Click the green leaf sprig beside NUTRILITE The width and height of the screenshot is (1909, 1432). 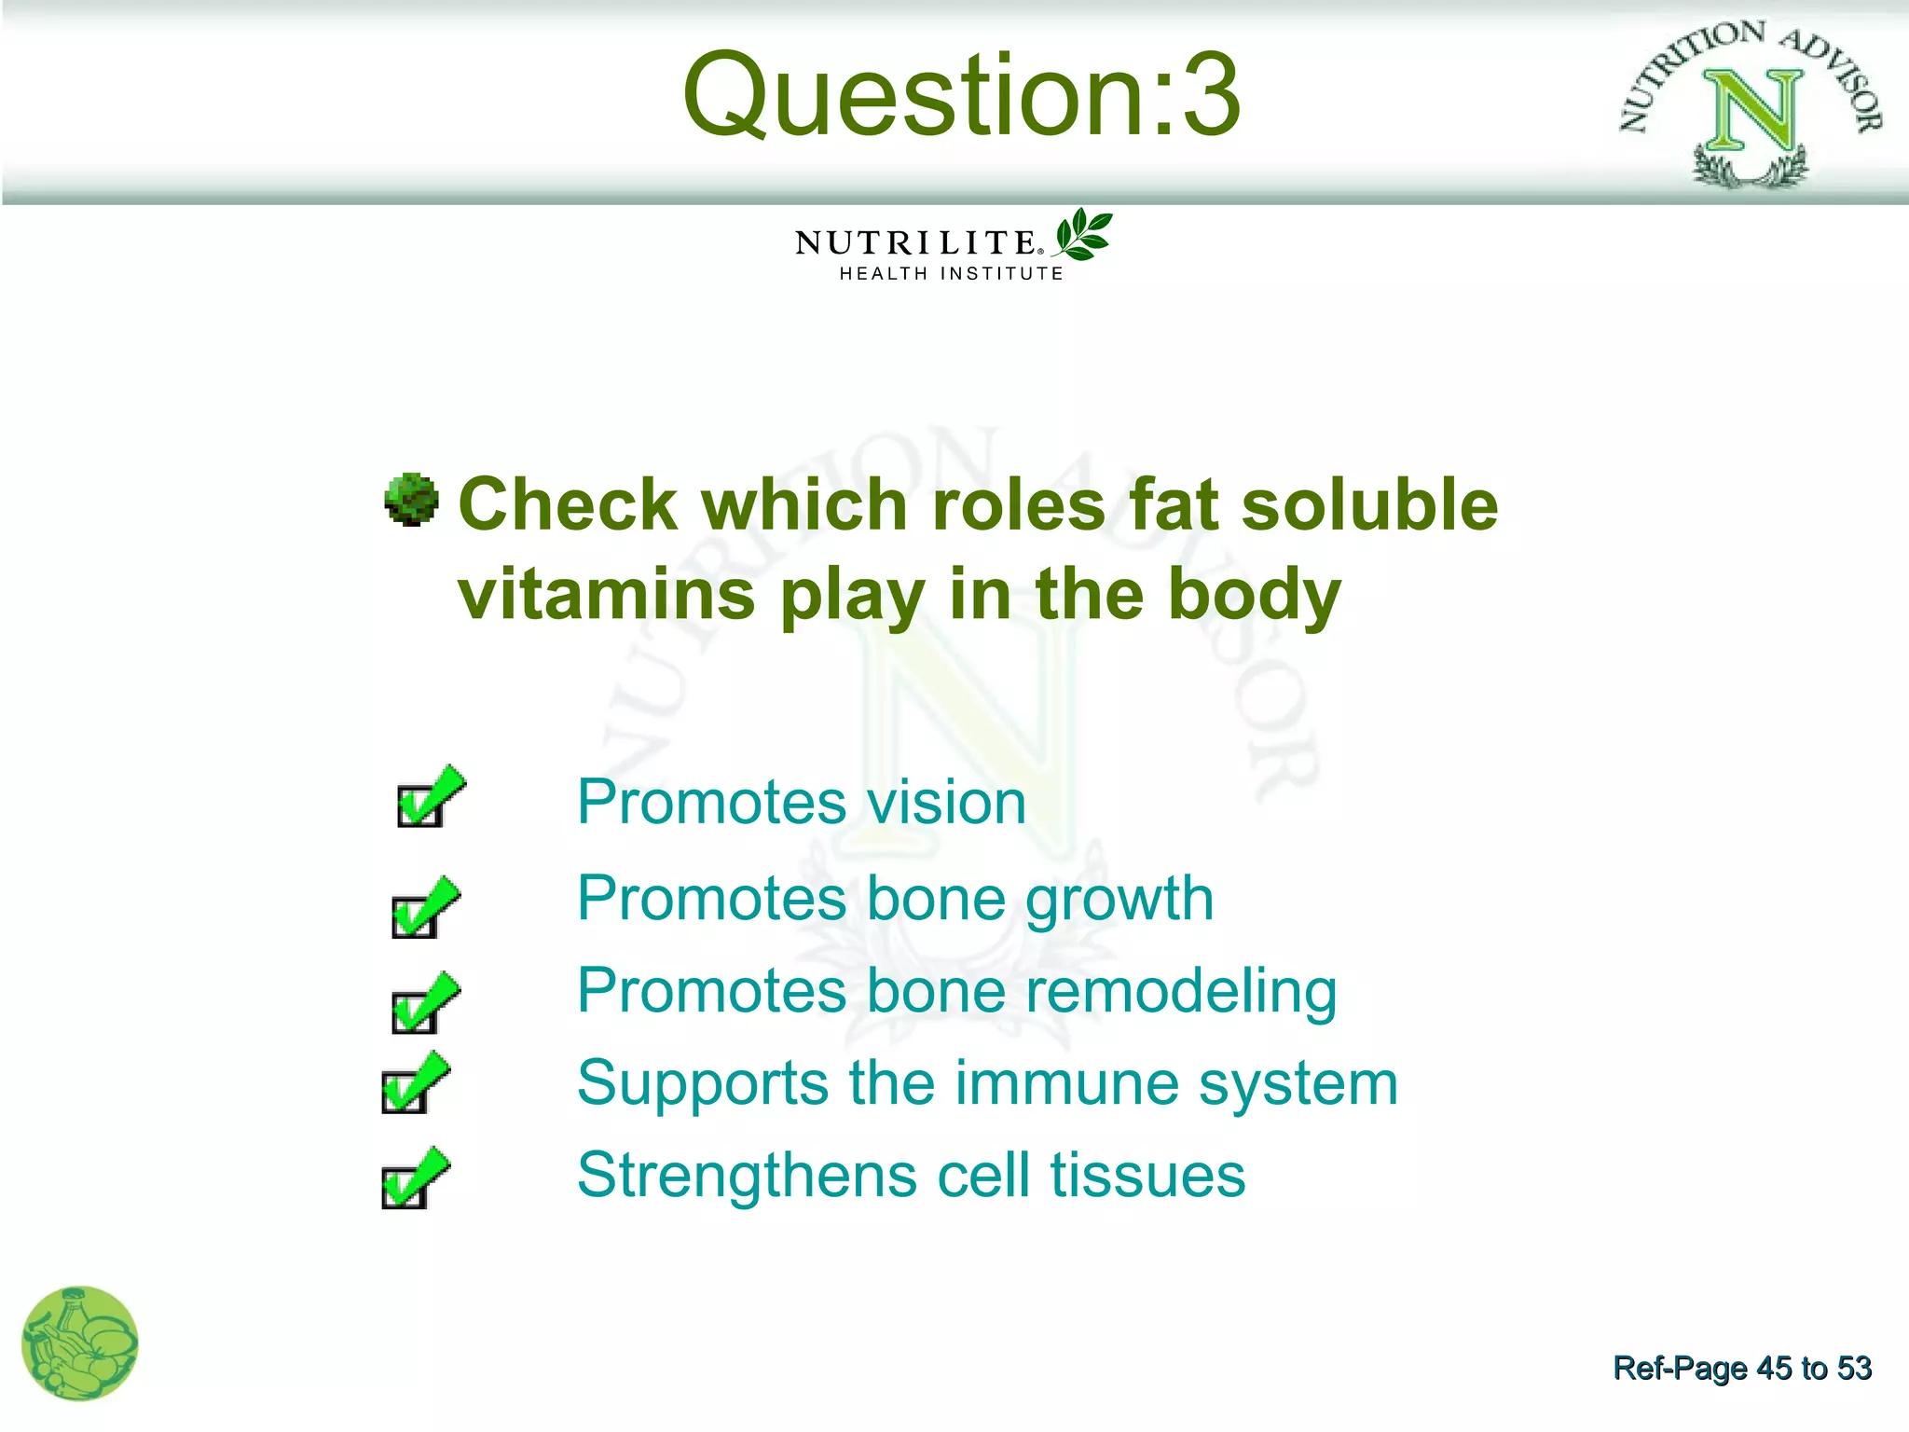coord(1083,234)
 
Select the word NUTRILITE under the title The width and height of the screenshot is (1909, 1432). coord(915,243)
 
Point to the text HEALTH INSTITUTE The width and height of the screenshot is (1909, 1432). coord(951,274)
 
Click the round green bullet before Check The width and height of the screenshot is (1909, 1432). coord(411,500)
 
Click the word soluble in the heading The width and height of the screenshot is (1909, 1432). coord(1369,504)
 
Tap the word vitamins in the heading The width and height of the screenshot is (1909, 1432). coord(606,594)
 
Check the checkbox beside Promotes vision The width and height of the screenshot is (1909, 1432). coord(420,805)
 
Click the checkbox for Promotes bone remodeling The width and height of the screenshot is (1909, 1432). coord(415,1012)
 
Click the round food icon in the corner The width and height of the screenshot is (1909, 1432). coord(80,1343)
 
